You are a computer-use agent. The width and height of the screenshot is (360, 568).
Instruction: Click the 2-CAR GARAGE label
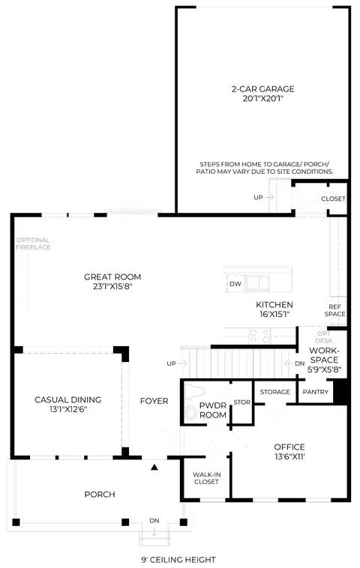(x=262, y=89)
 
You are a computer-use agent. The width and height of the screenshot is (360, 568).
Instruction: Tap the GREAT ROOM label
(x=112, y=277)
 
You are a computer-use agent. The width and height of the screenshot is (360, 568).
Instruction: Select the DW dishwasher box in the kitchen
(x=235, y=284)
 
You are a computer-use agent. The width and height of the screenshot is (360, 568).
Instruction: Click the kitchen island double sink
(x=257, y=283)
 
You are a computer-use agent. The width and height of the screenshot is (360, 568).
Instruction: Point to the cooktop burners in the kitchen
(x=259, y=336)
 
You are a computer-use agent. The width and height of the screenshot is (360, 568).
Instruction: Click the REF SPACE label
(x=334, y=310)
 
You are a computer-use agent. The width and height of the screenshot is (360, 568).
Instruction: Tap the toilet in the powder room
(x=194, y=392)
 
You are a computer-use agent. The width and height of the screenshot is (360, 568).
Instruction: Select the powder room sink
(x=190, y=413)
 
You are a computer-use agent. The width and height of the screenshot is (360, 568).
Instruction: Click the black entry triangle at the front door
(x=154, y=468)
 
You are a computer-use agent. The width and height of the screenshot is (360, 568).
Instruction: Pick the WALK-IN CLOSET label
(x=206, y=478)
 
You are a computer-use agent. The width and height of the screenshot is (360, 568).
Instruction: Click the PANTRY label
(x=316, y=392)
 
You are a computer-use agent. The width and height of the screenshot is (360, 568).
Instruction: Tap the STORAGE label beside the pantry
(x=274, y=392)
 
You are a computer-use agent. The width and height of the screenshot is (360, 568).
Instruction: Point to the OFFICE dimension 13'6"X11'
(x=289, y=456)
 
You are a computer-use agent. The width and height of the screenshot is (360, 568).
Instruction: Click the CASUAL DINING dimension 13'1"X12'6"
(x=68, y=409)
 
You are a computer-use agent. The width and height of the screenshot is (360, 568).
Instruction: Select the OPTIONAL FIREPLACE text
(x=33, y=244)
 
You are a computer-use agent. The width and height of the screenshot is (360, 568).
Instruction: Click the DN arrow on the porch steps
(x=154, y=532)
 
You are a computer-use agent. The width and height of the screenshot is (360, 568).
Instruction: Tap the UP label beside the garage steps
(x=258, y=197)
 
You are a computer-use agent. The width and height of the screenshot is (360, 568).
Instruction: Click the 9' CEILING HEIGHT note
(x=178, y=560)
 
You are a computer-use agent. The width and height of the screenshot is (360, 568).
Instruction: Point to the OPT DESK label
(x=324, y=337)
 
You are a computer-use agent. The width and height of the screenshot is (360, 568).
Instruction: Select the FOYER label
(x=154, y=401)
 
